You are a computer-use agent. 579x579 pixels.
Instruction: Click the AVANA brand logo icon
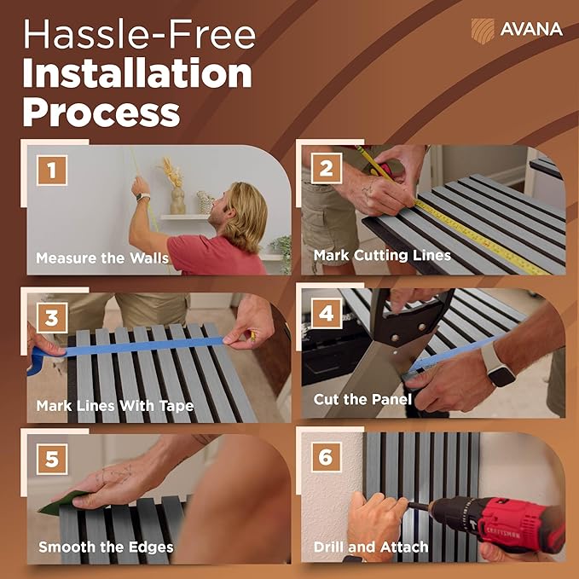tap(483, 31)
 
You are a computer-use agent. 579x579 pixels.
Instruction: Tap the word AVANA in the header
tap(531, 30)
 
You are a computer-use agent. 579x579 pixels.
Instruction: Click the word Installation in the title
tap(137, 72)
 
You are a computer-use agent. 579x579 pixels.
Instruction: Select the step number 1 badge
tap(52, 171)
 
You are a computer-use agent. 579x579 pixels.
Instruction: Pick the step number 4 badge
tap(327, 314)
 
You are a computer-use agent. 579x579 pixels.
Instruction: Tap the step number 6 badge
tap(326, 457)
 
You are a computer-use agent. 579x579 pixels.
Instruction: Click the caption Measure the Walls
tap(102, 258)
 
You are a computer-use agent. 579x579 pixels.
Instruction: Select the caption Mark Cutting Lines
tap(382, 255)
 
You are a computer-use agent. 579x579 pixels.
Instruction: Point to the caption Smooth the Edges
tap(106, 547)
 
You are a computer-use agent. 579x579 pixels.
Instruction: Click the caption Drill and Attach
tap(371, 547)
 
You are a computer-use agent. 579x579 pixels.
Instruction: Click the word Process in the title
tap(101, 113)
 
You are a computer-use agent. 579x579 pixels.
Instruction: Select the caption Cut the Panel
tap(362, 399)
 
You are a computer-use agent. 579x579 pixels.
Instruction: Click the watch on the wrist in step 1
tap(143, 196)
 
